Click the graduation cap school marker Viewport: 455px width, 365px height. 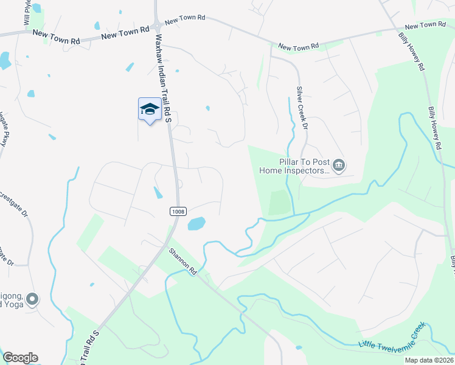[150, 109]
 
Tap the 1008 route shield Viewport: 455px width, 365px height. [176, 210]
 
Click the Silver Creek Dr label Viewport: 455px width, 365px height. [301, 107]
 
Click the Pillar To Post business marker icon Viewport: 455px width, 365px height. [339, 165]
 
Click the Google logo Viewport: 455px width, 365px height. [20, 358]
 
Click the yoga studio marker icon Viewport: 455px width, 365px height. [33, 299]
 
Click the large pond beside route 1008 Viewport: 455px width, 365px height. [196, 224]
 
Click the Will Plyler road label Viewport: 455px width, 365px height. [27, 12]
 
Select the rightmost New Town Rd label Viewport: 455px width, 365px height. [425, 26]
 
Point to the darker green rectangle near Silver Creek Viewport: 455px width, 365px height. [279, 203]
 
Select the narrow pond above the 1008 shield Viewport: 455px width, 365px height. [158, 193]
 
